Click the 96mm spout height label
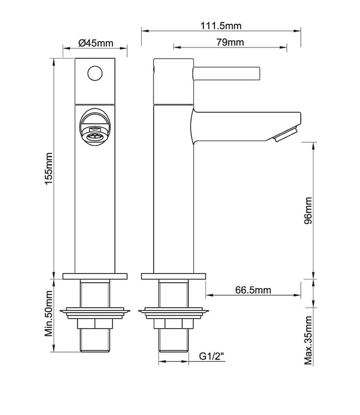coord(308,211)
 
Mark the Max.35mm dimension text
coord(308,342)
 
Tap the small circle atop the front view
coord(96,72)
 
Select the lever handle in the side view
coord(226,72)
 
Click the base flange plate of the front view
coord(96,276)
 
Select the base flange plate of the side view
coord(174,276)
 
